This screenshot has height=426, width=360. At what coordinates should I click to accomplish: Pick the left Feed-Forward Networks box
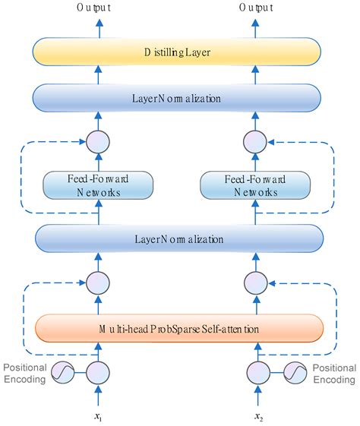click(x=98, y=185)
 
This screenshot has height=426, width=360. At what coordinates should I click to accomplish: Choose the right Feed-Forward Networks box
click(x=250, y=185)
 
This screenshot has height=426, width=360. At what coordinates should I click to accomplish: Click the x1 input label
click(x=98, y=416)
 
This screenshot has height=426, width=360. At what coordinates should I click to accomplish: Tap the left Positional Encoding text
click(x=26, y=374)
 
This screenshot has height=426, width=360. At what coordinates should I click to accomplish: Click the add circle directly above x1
click(x=98, y=374)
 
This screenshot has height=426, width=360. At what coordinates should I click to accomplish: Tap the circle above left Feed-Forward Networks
click(x=98, y=141)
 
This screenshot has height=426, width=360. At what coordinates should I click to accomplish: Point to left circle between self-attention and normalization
click(x=98, y=283)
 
